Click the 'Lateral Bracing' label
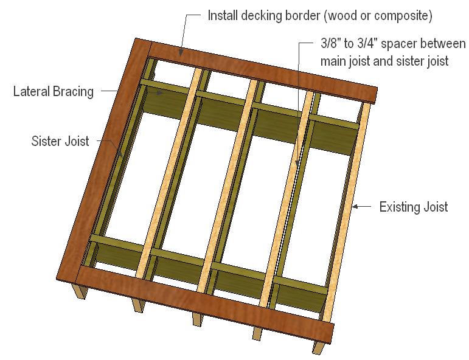54,92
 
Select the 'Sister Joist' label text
60,142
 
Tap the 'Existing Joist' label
413,207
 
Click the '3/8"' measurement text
330,46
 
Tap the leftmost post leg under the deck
79,292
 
